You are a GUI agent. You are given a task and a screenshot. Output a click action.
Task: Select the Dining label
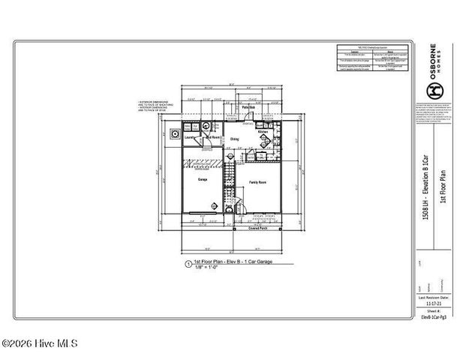pos(235,139)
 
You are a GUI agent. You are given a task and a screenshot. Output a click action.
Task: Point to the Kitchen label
pos(263,132)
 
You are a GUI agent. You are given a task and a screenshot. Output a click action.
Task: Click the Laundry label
pos(191,138)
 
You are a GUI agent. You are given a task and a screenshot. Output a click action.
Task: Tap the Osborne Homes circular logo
pos(434,89)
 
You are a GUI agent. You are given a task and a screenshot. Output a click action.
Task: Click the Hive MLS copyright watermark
pos(39,344)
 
